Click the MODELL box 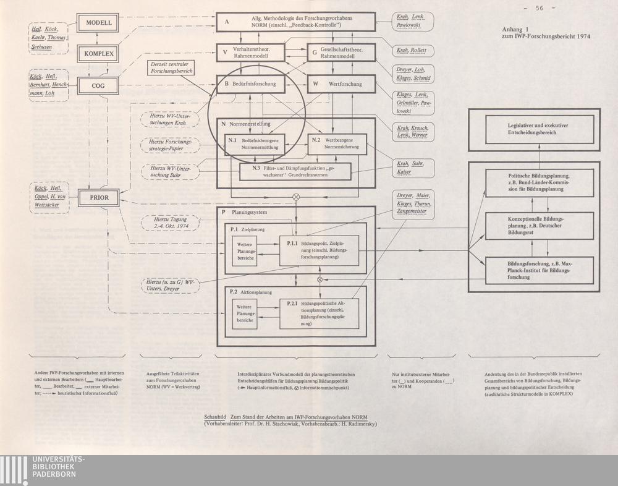click(x=99, y=23)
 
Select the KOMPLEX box click(x=99, y=54)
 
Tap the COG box click(x=99, y=85)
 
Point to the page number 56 click(x=540, y=8)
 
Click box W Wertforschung click(x=342, y=83)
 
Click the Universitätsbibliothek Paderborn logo click(x=43, y=471)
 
